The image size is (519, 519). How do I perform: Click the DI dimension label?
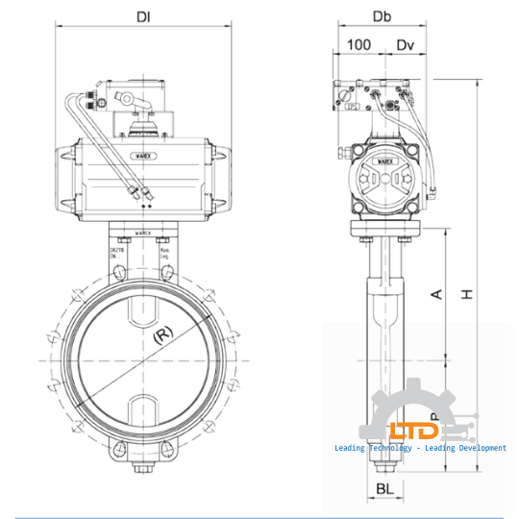143,16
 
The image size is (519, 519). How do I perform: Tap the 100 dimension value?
358,44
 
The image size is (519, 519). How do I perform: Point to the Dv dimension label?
406,44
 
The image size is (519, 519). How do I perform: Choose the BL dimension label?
383,489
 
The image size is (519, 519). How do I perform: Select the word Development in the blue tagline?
478,448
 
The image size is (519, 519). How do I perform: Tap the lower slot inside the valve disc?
143,407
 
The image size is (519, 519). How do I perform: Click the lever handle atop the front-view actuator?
139,97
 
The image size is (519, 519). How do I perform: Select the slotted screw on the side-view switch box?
342,93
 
